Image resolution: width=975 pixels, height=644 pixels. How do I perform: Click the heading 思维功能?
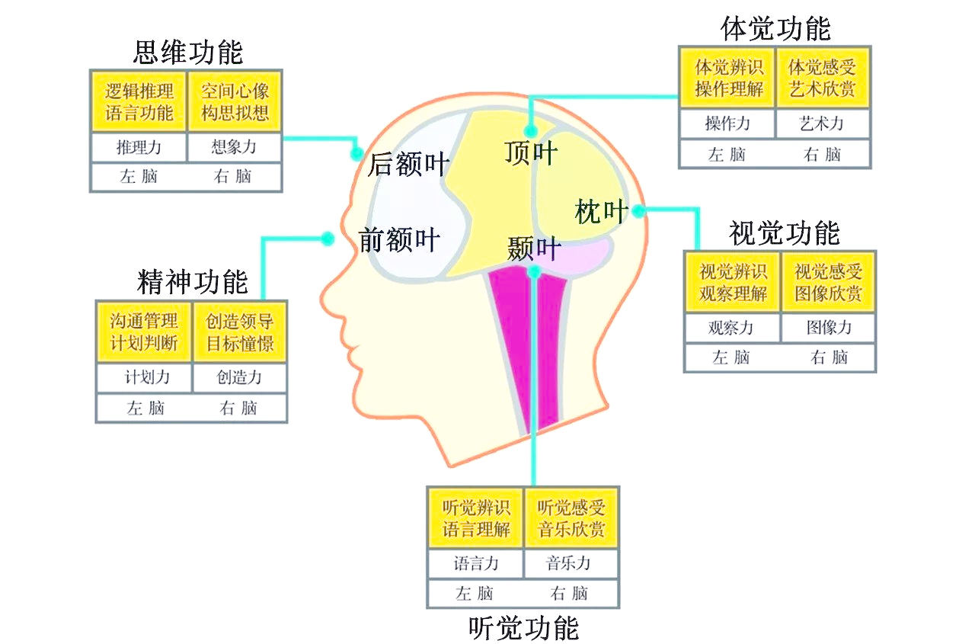188,52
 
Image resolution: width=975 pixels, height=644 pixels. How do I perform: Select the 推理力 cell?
139,147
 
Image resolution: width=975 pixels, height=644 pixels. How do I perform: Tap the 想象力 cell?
235,147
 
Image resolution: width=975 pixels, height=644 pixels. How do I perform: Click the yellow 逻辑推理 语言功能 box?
139,102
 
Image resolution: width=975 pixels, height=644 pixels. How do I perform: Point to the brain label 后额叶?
408,164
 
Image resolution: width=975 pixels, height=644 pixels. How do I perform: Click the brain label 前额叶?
399,240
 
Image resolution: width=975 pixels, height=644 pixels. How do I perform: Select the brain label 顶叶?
531,153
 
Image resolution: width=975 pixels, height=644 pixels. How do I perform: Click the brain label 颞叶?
534,248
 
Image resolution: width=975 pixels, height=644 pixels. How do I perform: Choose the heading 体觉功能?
775,28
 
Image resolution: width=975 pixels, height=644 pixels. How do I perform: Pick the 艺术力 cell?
823,123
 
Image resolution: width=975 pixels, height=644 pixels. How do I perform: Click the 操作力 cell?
727,123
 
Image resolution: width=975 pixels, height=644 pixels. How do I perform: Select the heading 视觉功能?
784,232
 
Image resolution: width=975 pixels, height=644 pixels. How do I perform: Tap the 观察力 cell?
731,328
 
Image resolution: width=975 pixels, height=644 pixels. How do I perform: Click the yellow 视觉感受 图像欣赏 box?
829,282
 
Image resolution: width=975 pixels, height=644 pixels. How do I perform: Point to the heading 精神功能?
193,281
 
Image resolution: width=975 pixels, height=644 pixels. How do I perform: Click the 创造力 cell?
239,377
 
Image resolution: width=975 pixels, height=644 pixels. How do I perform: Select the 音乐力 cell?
569,564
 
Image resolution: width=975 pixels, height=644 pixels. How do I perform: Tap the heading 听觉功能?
524,627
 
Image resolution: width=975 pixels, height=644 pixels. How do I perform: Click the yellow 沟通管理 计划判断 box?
144,332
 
